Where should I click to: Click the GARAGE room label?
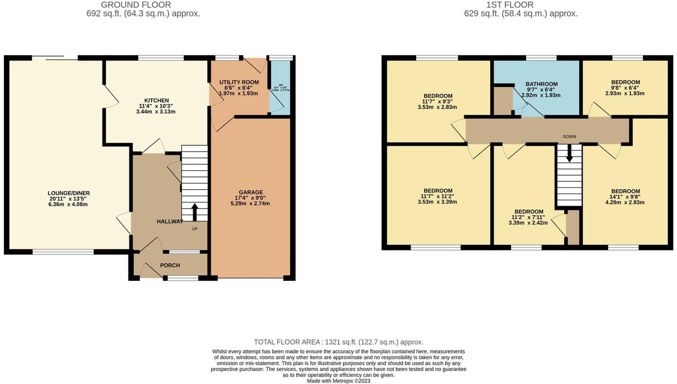[x=250, y=192]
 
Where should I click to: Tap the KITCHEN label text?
[x=156, y=100]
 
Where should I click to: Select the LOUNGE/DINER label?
[x=68, y=193]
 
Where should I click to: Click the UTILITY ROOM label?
[x=239, y=82]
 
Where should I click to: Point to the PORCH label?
[x=170, y=265]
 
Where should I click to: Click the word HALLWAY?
[x=170, y=222]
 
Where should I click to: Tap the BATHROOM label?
[x=541, y=84]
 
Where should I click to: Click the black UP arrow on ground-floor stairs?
[x=195, y=212]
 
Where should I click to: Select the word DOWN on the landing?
[x=569, y=137]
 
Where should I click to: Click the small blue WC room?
[x=280, y=88]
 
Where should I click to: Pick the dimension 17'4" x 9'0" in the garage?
[x=250, y=198]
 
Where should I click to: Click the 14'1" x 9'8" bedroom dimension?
[x=625, y=197]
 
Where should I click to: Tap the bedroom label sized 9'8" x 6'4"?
[x=625, y=82]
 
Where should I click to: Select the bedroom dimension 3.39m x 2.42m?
[x=528, y=223]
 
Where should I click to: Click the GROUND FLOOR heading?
[x=136, y=5]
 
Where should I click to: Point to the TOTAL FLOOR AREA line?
[x=338, y=342]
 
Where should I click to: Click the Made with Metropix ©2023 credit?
[x=338, y=381]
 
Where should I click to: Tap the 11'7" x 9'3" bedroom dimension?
[x=437, y=102]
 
